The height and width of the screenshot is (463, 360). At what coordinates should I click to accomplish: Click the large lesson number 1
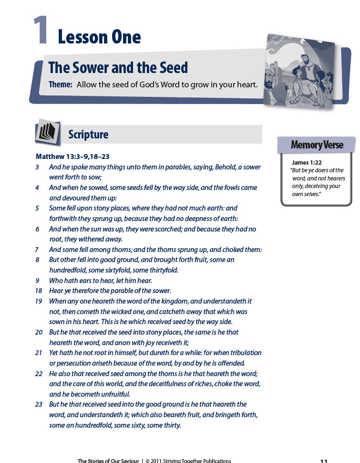point(41,32)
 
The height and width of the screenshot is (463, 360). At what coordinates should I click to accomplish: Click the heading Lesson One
point(99,37)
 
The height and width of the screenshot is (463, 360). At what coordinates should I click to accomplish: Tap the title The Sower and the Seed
point(118,68)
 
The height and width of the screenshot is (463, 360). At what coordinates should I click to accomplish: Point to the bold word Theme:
point(61,84)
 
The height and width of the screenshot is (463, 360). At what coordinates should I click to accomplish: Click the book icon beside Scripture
point(48,132)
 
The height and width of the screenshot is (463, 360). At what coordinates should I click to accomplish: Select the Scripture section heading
point(88,135)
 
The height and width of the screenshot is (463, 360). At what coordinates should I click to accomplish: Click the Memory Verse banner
point(317,145)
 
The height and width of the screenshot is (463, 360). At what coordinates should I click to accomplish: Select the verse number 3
point(37,167)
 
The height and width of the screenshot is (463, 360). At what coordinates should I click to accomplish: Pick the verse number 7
point(37,250)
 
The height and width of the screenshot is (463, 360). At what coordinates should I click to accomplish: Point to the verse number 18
point(39,291)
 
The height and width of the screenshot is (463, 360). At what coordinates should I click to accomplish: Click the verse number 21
point(39,353)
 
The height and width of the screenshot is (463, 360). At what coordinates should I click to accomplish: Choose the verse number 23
point(39,404)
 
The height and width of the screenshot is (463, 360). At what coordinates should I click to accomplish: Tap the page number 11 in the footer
point(323,461)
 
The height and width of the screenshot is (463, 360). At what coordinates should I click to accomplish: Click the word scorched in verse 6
point(161,229)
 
